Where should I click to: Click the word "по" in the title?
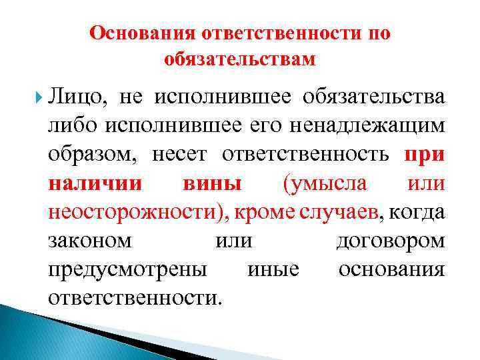[376, 33]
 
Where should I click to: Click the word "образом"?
[86, 155]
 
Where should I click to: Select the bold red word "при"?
[423, 155]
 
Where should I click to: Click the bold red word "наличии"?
[85, 183]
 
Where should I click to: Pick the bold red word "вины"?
[211, 183]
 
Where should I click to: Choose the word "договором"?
[389, 240]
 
